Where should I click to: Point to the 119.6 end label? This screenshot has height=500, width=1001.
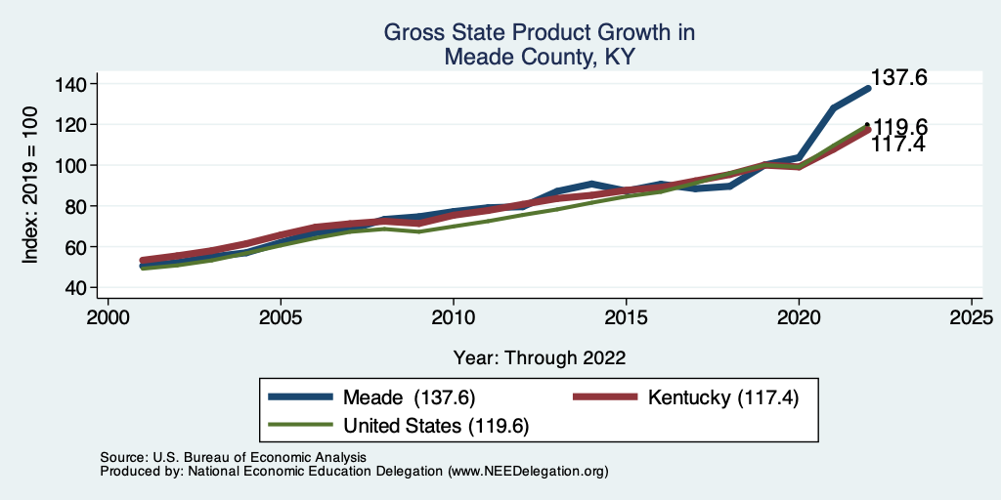tap(900, 127)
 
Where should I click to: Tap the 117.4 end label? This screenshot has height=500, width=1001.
tap(898, 145)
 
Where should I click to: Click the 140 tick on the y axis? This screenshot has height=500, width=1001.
tap(70, 84)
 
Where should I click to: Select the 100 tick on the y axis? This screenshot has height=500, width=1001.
tap(70, 165)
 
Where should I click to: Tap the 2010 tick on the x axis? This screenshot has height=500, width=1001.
tap(454, 317)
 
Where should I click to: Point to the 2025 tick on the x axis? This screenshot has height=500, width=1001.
tap(972, 317)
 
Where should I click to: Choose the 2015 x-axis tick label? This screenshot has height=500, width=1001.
tap(626, 317)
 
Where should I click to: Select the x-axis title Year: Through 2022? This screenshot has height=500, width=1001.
tap(540, 356)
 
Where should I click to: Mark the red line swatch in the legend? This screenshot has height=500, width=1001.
tap(604, 397)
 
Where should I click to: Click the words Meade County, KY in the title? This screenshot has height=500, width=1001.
tap(540, 57)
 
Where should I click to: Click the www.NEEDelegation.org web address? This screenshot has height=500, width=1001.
tap(528, 471)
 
